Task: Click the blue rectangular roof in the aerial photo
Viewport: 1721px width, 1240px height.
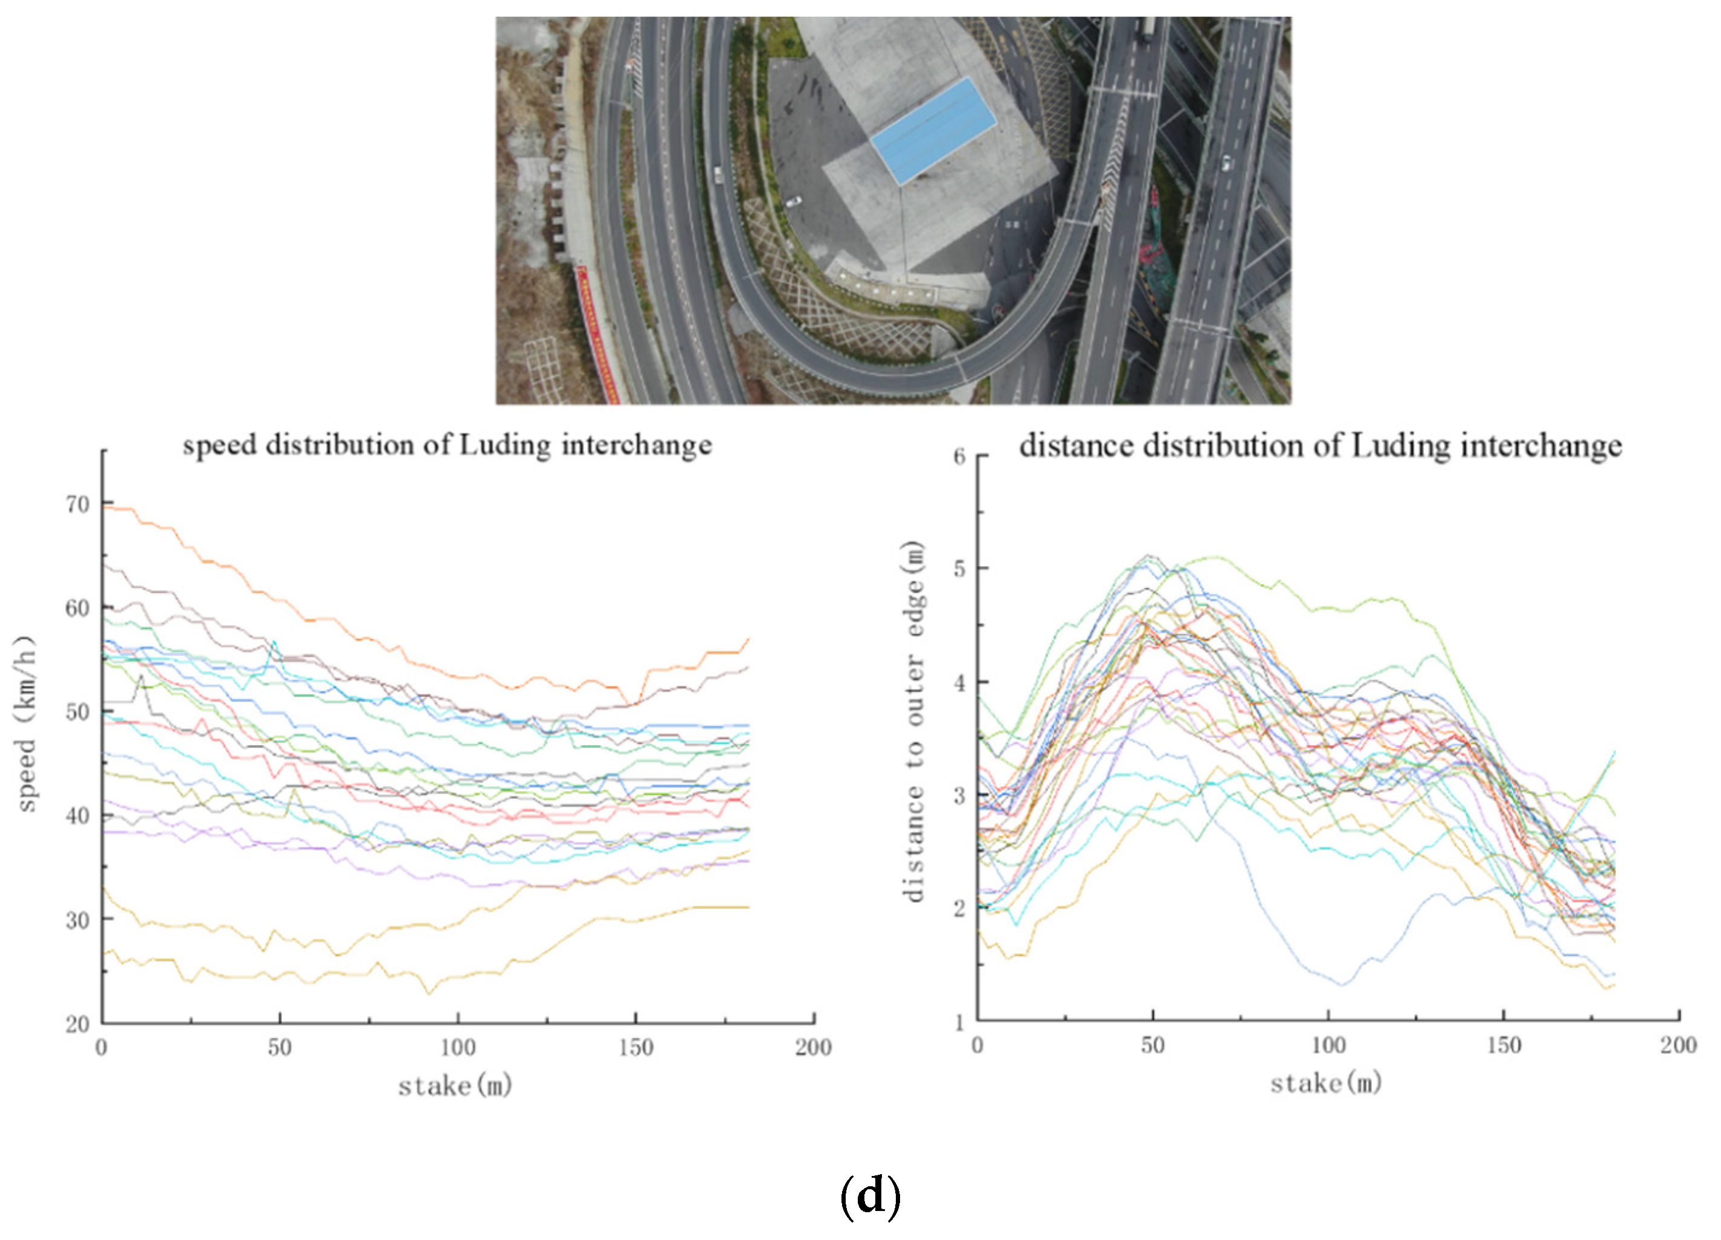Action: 933,131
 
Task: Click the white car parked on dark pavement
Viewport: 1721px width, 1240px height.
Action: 793,202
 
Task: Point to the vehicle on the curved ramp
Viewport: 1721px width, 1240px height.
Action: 718,175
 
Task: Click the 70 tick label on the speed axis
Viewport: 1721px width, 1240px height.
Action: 77,505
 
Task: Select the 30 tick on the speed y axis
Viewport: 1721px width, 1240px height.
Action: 77,920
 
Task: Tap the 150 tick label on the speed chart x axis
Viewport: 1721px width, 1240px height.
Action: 635,1048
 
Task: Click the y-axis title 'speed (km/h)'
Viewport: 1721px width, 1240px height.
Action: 26,724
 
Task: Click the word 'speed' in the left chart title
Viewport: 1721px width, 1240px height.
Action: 219,445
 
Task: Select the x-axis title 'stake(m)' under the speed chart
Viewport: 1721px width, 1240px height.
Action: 455,1086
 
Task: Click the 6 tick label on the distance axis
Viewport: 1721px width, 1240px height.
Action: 959,457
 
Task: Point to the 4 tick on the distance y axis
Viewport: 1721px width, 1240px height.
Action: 959,682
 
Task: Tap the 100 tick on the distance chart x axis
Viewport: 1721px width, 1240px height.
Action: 1328,1046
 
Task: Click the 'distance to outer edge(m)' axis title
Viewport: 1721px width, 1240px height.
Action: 915,722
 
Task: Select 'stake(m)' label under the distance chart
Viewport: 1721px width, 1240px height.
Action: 1327,1083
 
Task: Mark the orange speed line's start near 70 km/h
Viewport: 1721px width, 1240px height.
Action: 106,507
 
